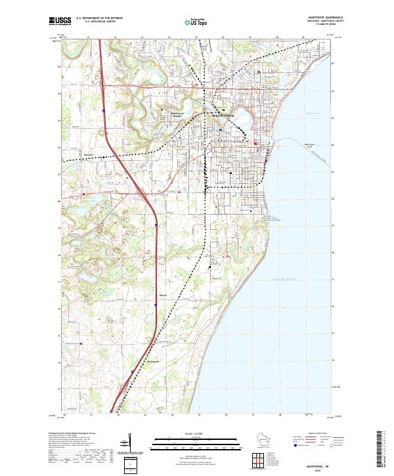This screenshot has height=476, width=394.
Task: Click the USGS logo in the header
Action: [x=60, y=21]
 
